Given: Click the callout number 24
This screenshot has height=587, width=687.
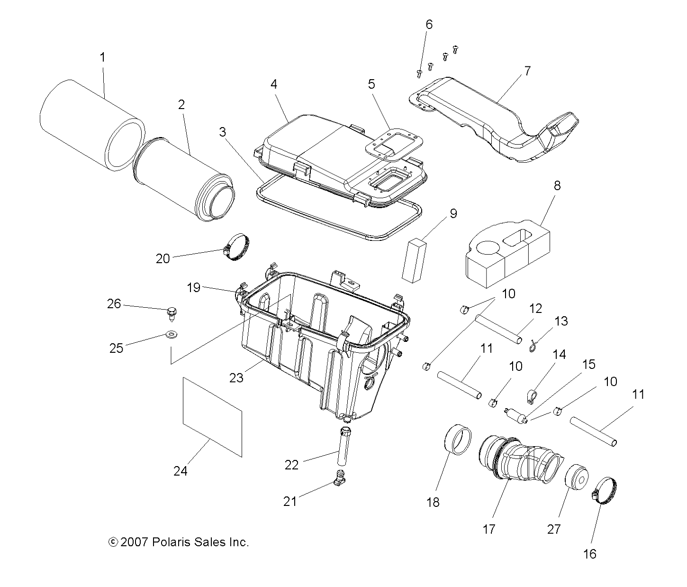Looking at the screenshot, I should (180, 471).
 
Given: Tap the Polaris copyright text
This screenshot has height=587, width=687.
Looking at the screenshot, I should (179, 542).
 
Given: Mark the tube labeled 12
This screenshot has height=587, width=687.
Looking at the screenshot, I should (500, 328).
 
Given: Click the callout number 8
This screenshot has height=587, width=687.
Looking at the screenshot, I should (557, 185).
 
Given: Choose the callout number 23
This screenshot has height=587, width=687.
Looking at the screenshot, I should (236, 377).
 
